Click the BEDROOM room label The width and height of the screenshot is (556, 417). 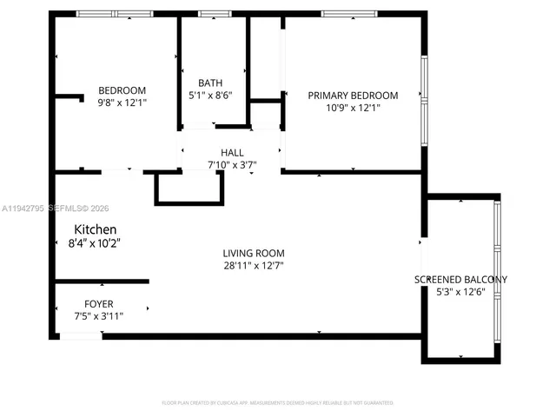[x=122, y=90]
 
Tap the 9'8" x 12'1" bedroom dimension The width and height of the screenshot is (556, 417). [x=122, y=103]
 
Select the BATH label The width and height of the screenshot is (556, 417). [x=210, y=83]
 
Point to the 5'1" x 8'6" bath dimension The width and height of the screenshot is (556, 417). [x=210, y=96]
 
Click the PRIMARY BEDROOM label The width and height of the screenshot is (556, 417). [x=353, y=96]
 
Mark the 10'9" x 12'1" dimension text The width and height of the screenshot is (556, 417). [x=353, y=108]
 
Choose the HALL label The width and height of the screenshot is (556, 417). [x=232, y=152]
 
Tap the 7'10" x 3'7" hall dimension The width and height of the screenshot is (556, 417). [x=232, y=164]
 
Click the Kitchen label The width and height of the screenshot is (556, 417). [x=95, y=229]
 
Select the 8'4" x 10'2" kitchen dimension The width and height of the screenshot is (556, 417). [x=95, y=243]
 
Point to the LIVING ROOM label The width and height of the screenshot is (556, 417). [x=253, y=253]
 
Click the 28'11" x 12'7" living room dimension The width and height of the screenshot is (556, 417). [x=253, y=266]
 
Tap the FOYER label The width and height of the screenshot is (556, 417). [x=98, y=303]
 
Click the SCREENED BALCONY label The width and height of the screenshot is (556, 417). [x=460, y=280]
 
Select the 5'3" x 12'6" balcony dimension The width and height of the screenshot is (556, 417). [x=460, y=293]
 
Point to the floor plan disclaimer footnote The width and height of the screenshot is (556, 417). [x=278, y=402]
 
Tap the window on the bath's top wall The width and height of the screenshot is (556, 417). [x=210, y=14]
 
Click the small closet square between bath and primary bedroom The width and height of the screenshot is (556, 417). [x=266, y=114]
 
